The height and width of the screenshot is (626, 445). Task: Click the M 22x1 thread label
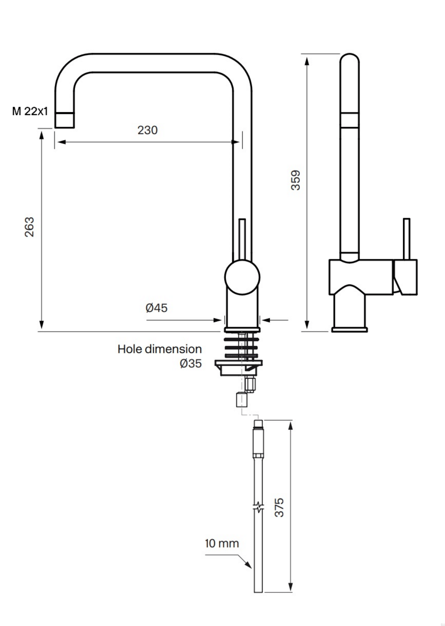(x=30, y=111)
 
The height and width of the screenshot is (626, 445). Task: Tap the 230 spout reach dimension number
(x=148, y=130)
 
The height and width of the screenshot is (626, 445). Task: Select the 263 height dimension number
(x=29, y=227)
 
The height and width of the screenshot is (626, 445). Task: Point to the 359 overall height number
(x=296, y=180)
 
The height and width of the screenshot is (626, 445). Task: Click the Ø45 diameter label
(x=156, y=308)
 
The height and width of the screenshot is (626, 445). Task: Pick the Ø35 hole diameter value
(x=191, y=363)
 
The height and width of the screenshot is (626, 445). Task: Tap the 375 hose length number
(x=279, y=507)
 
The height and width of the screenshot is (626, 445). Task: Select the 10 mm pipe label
(x=222, y=543)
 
